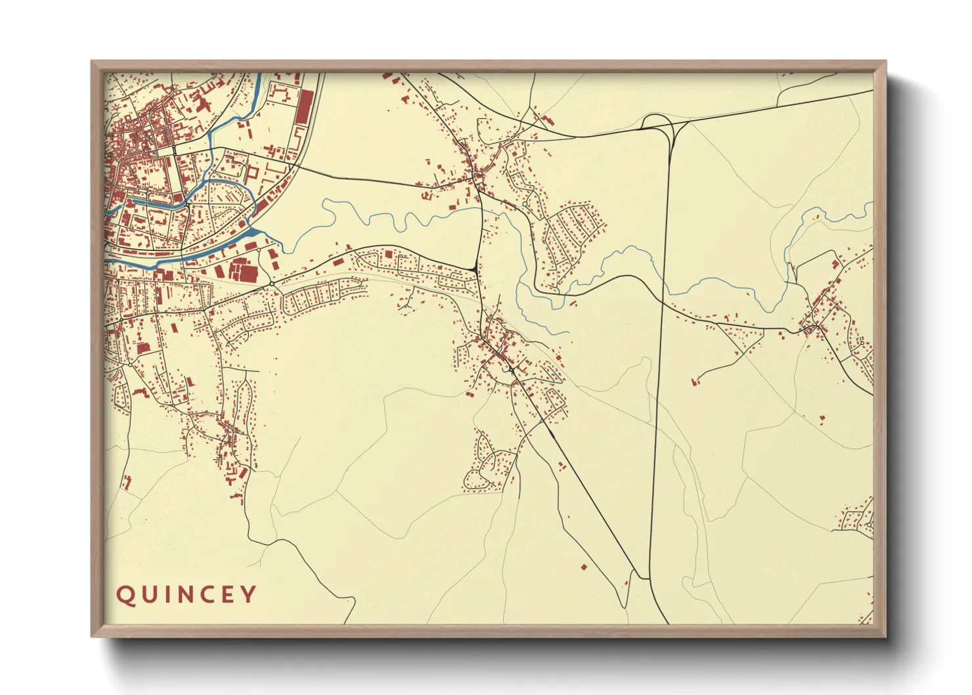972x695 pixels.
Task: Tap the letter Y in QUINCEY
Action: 248,594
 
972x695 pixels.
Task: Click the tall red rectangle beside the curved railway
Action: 303,107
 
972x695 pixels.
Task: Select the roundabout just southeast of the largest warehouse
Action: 271,284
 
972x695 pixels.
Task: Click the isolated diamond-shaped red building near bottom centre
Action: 583,566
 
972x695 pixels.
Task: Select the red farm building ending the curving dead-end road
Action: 695,380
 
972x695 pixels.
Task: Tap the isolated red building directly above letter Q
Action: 127,482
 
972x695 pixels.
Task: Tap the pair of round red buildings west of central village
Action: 470,394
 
